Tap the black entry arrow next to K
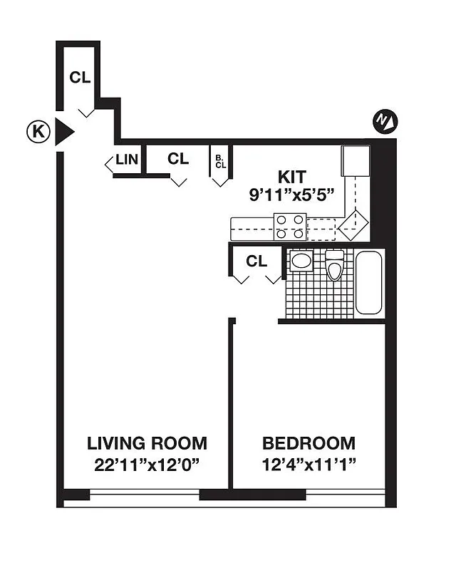64,132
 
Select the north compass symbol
385,121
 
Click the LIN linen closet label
126,160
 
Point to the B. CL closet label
219,161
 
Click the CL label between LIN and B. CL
178,159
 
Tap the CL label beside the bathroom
256,261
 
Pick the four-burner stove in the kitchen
291,227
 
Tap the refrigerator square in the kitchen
355,161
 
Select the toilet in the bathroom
334,266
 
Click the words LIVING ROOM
147,443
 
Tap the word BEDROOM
309,443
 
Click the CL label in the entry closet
80,78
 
